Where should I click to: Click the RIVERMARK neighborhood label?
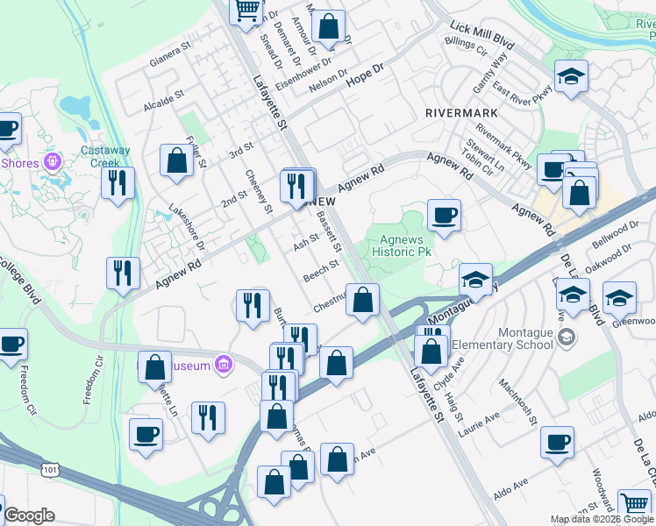(x=461, y=113)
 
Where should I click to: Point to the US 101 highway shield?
(x=49, y=470)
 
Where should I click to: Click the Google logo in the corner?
(x=28, y=515)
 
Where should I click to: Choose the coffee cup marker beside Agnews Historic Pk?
(x=444, y=215)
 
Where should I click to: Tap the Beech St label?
(x=321, y=271)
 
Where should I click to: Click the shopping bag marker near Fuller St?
(x=176, y=161)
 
